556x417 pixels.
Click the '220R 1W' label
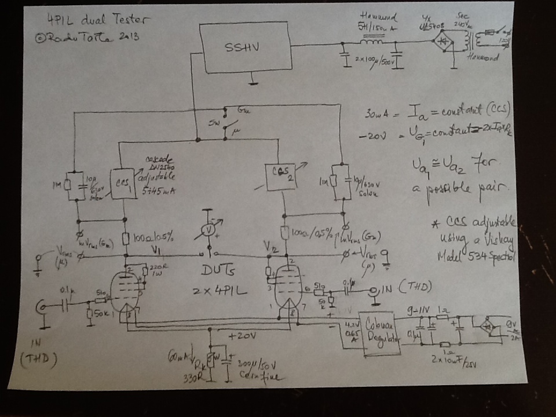(158, 269)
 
